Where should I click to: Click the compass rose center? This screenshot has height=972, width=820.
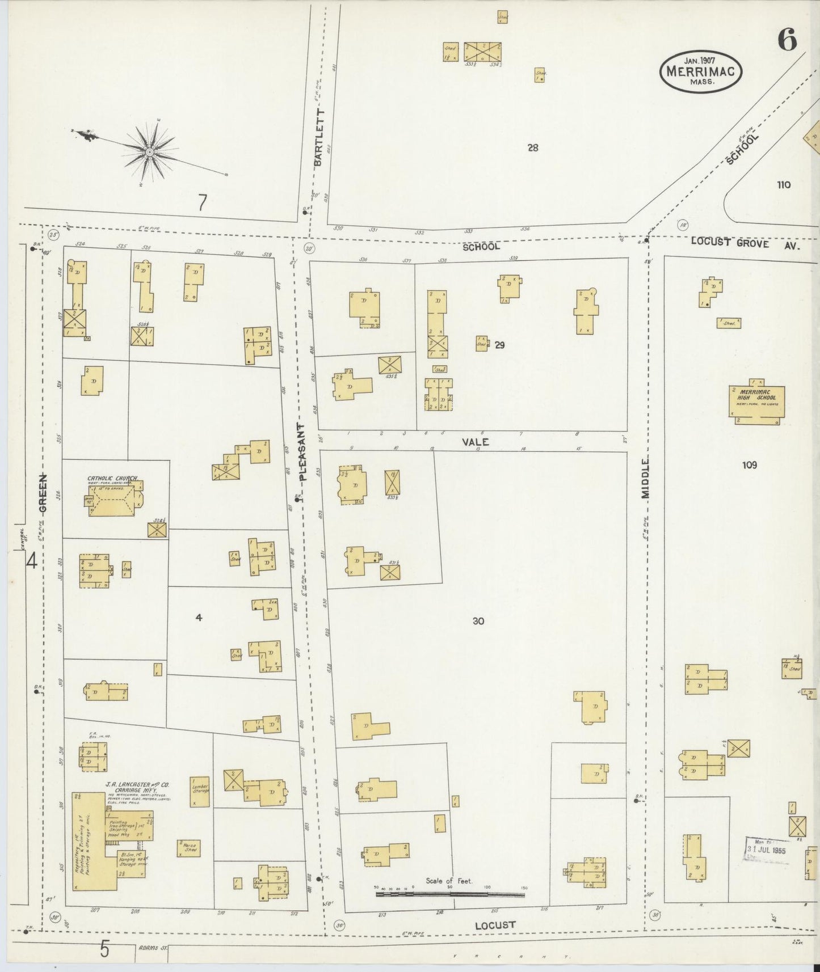pos(150,151)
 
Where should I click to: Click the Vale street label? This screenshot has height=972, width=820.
pos(475,441)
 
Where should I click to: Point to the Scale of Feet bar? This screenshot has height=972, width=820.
pos(449,894)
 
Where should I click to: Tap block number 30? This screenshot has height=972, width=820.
pos(478,621)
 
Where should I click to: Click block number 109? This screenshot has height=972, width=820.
pos(750,465)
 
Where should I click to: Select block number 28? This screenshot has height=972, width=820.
pos(532,148)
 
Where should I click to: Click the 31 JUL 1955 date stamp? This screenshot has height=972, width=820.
pos(766,850)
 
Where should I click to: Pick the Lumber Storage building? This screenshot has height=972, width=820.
pos(200,792)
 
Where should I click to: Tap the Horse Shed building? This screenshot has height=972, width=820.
pos(188,847)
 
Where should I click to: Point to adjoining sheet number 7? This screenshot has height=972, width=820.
pos(202,203)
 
